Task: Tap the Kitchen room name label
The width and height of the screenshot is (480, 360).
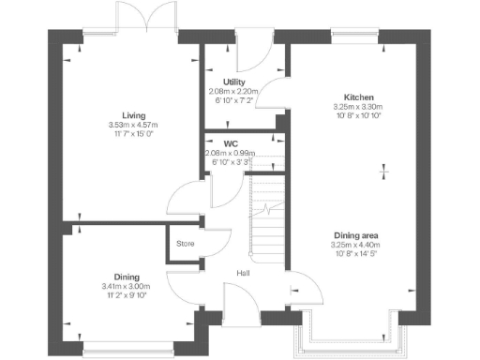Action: (x=359, y=97)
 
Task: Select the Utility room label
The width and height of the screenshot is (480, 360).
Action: (x=234, y=82)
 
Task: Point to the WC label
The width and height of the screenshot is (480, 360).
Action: (x=231, y=143)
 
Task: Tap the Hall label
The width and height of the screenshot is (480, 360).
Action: (x=243, y=273)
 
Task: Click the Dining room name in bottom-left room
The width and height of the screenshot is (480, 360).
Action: (x=127, y=277)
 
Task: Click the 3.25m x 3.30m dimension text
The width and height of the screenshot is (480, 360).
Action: (x=359, y=107)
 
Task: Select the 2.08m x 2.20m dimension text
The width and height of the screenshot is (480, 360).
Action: (x=234, y=90)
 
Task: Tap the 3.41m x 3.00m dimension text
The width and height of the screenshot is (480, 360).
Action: (x=127, y=286)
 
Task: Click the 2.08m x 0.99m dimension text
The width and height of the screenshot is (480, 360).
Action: (x=231, y=153)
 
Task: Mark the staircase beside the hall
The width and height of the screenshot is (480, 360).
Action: (x=269, y=216)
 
